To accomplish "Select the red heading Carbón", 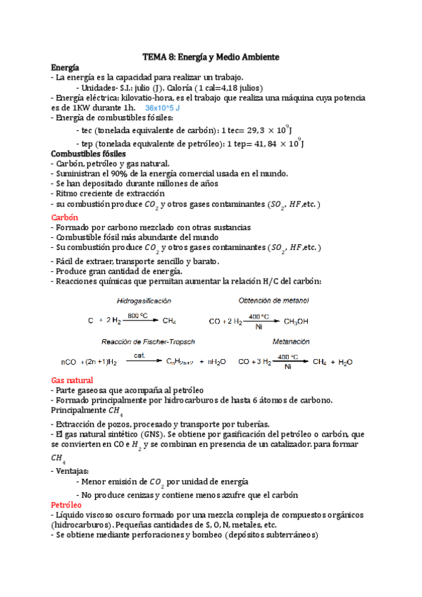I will tap(64, 218).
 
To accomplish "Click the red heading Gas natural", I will tap(73, 379).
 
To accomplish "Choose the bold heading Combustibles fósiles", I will tap(89, 153).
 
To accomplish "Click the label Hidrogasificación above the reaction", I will tap(144, 301).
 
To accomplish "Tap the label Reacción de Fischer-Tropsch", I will tap(148, 341).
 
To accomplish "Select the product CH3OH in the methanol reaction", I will tap(296, 321).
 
